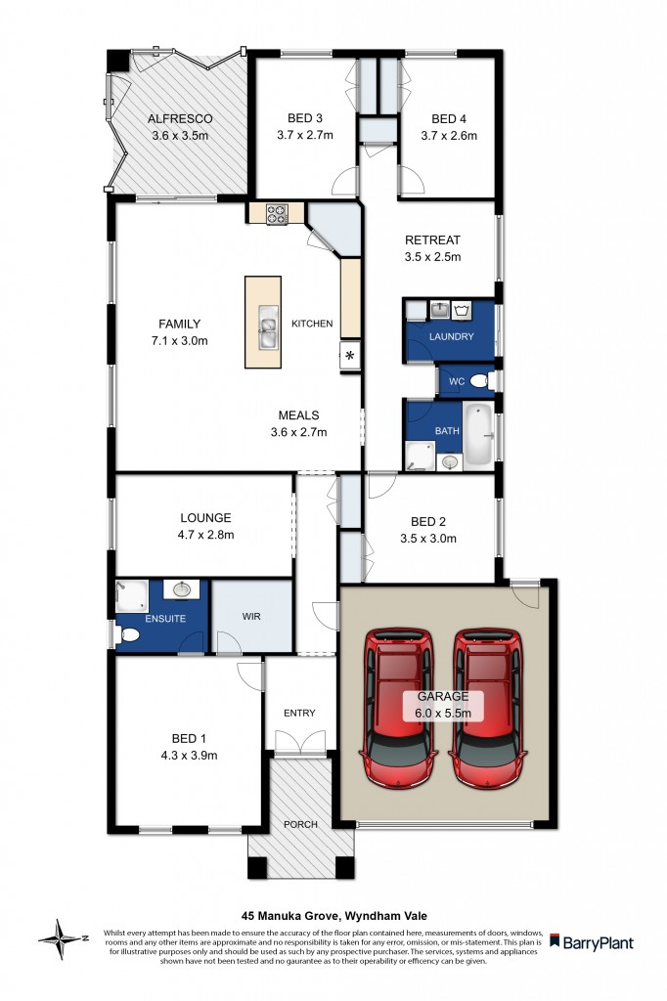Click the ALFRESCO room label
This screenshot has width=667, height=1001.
tap(179, 119)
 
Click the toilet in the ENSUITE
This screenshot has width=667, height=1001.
tap(126, 636)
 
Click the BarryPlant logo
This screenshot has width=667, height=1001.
tap(591, 942)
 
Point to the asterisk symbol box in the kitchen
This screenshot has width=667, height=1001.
tap(349, 358)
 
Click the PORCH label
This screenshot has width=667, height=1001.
tap(300, 824)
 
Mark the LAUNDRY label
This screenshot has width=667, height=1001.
tap(451, 336)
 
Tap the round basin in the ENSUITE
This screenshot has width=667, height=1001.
tap(181, 589)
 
